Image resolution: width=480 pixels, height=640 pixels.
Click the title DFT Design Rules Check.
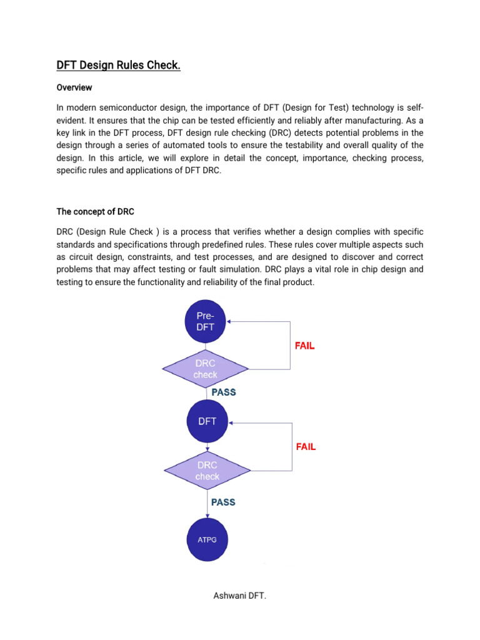(x=118, y=65)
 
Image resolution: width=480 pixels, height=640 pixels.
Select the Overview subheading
(x=74, y=87)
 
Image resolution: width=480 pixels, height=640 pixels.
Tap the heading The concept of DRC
(x=95, y=212)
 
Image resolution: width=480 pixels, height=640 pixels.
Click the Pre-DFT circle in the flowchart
(x=206, y=322)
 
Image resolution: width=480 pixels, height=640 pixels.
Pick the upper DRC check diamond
(x=206, y=369)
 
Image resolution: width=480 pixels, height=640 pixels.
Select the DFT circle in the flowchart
(x=207, y=421)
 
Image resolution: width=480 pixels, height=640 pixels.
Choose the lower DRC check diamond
(x=207, y=471)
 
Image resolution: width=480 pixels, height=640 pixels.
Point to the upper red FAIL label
(x=305, y=346)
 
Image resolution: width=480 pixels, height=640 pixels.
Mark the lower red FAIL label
(x=305, y=447)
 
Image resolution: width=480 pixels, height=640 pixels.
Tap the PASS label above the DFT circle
(x=224, y=392)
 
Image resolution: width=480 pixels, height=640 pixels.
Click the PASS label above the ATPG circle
(x=224, y=502)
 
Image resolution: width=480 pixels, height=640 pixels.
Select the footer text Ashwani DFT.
(x=240, y=596)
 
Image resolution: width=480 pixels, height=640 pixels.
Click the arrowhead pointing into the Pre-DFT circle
(x=230, y=322)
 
